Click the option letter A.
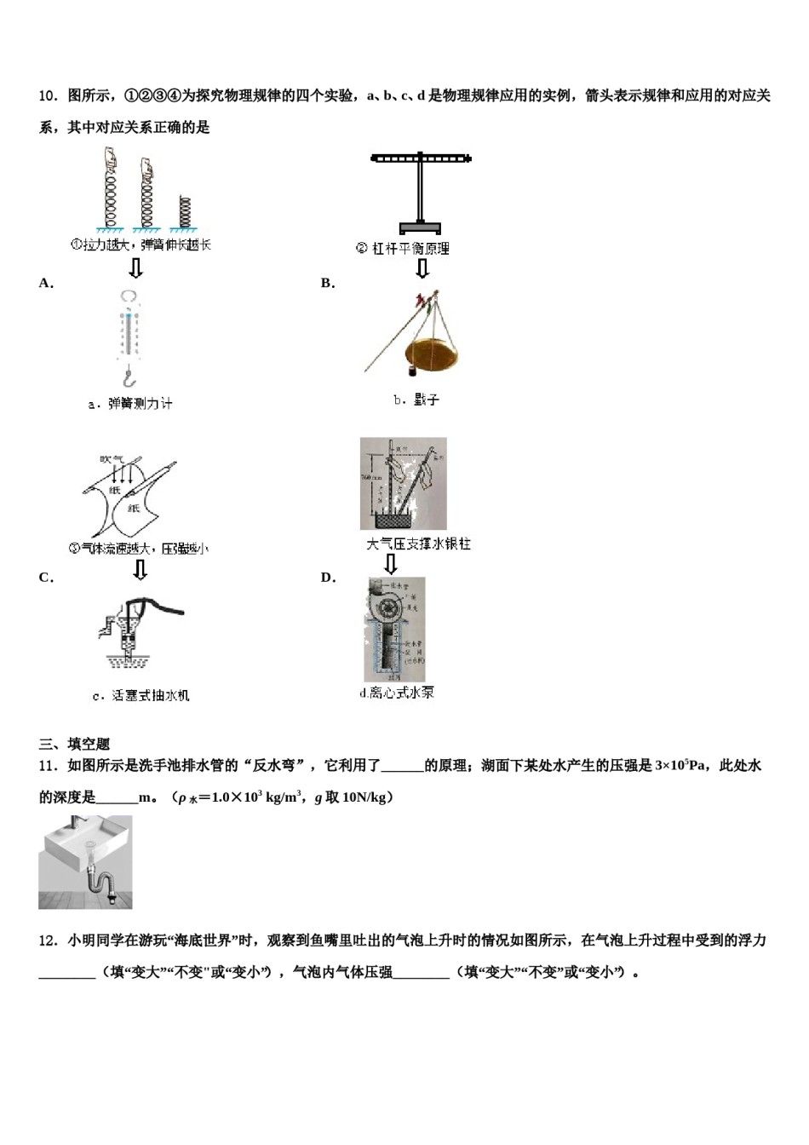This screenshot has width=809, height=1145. coord(46,284)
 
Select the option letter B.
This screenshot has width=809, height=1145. coord(328,284)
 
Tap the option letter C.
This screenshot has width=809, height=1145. coord(46,578)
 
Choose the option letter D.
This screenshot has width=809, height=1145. coord(328,578)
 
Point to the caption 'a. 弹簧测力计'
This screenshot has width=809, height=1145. coord(129,404)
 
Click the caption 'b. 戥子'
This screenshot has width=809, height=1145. coord(416,400)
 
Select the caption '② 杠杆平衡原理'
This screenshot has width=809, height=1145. coord(402,249)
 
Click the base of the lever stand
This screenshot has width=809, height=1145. coord(420,227)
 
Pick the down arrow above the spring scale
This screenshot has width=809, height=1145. coord(135,269)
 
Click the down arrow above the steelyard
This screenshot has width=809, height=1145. coord(422,269)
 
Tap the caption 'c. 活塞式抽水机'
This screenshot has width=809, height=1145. coord(141,696)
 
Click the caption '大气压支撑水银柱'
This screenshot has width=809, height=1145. coord(417,544)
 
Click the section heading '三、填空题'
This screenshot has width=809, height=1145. coord(74,744)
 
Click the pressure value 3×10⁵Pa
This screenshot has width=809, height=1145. coord(680,765)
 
